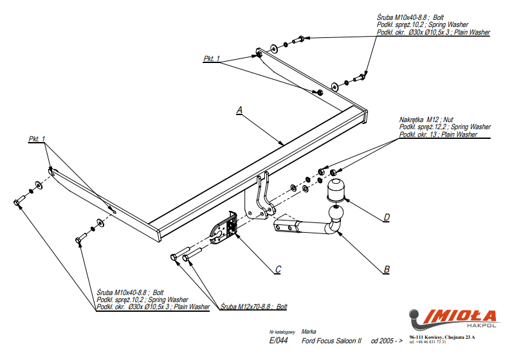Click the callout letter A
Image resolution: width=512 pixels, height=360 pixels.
pyautogui.click(x=239, y=111)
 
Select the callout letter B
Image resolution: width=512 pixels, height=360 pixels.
pyautogui.click(x=386, y=269)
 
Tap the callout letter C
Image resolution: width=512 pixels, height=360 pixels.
pyautogui.click(x=277, y=269)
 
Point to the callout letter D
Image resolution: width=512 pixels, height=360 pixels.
pyautogui.click(x=386, y=217)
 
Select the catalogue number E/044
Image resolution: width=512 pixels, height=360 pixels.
pyautogui.click(x=279, y=340)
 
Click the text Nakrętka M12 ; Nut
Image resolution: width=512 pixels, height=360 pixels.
pyautogui.click(x=427, y=120)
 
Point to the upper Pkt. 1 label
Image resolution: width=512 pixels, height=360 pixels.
pyautogui.click(x=212, y=59)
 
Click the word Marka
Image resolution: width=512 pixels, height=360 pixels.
pyautogui.click(x=308, y=331)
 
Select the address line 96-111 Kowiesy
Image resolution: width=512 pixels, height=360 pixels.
pyautogui.click(x=441, y=337)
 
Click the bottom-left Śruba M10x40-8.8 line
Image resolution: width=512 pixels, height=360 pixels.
pyautogui.click(x=131, y=292)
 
